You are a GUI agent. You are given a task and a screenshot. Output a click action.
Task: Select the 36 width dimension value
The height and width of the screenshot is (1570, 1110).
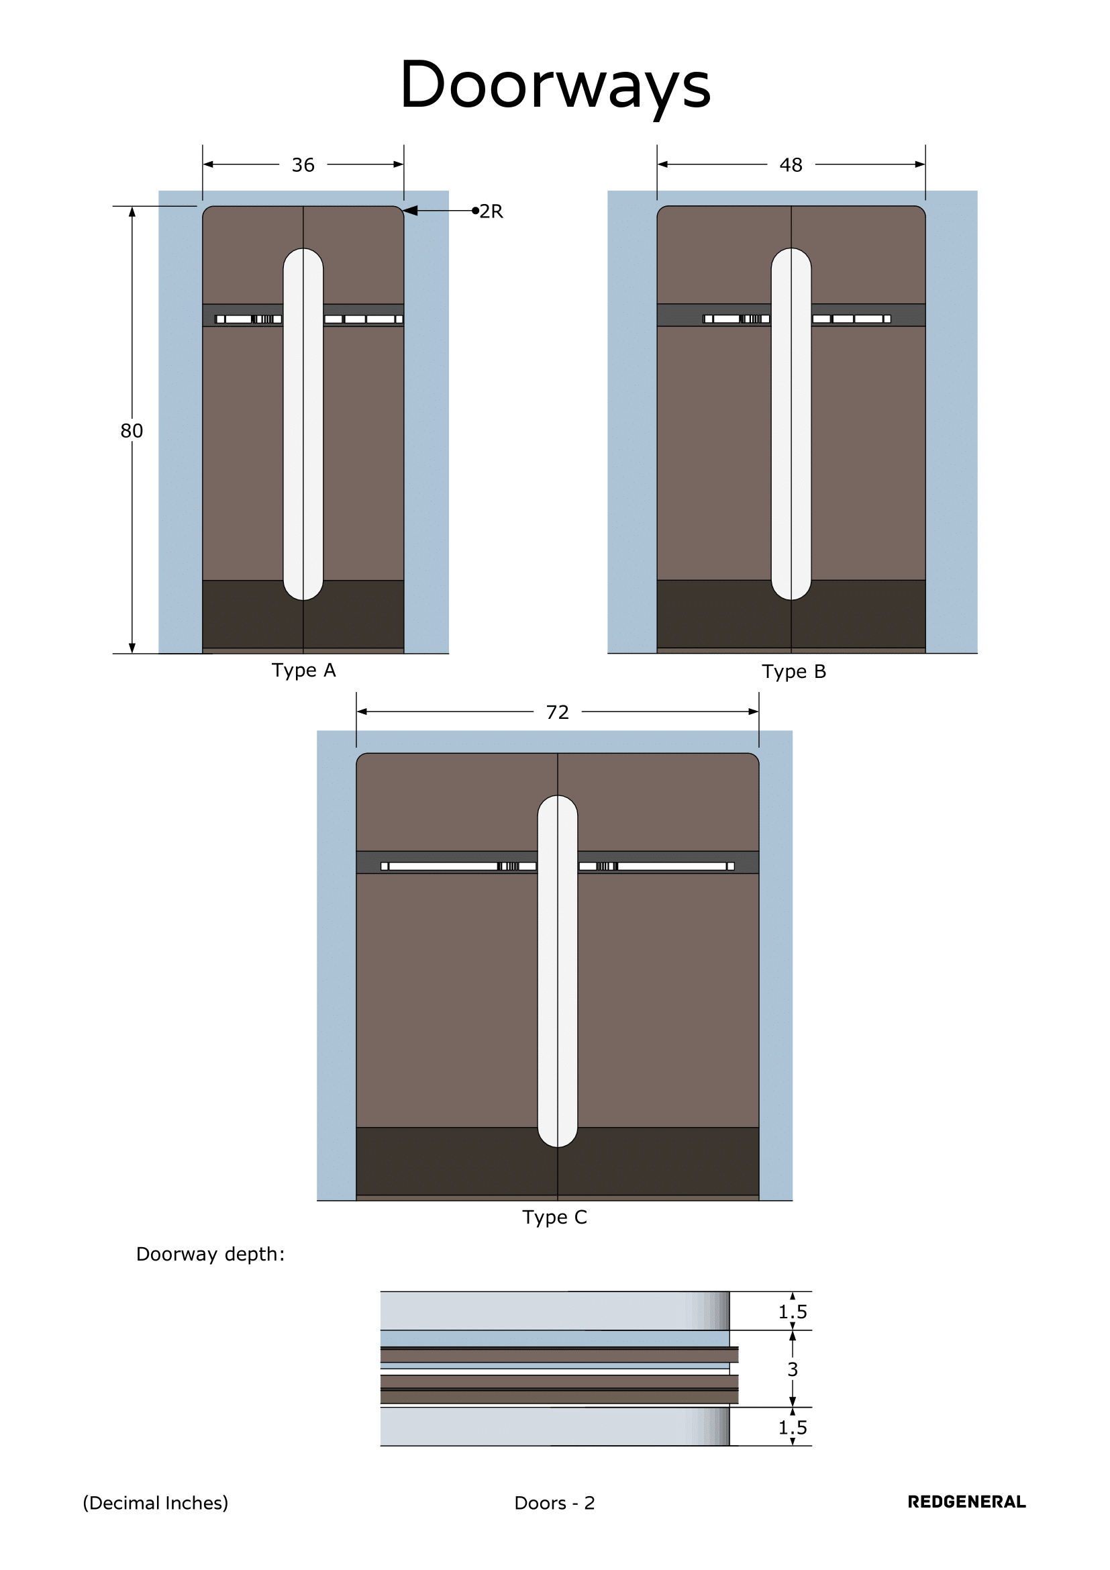click(x=303, y=165)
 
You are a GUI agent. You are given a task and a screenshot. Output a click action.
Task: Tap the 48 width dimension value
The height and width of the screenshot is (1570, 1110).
click(x=791, y=165)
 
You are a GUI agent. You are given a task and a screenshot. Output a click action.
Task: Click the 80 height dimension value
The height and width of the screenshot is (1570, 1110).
click(x=132, y=430)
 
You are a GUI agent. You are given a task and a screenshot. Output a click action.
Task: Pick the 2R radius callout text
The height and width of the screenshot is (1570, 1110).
click(x=491, y=211)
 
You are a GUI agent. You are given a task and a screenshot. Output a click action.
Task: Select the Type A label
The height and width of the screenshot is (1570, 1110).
click(x=303, y=670)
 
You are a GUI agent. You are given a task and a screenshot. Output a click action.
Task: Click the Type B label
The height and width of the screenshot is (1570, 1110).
click(x=793, y=671)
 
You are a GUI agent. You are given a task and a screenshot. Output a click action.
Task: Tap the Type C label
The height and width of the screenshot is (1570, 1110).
click(x=554, y=1217)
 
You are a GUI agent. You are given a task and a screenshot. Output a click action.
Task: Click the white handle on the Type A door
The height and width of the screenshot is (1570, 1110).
click(x=303, y=424)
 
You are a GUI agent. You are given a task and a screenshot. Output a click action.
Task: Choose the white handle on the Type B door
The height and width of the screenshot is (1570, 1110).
click(x=791, y=424)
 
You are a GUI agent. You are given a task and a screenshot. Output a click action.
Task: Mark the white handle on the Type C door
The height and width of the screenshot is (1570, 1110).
click(x=557, y=971)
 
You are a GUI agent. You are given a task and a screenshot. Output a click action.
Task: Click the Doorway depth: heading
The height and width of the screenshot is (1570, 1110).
click(x=210, y=1254)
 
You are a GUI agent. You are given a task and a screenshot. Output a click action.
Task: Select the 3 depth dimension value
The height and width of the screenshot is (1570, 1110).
click(x=792, y=1369)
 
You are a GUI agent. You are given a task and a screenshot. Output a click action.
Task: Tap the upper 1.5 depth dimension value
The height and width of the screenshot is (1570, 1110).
click(x=792, y=1312)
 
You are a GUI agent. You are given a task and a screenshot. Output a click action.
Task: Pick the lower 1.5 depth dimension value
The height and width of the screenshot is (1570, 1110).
click(x=792, y=1428)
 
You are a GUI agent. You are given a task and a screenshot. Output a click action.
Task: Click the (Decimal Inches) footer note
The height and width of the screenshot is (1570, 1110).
click(x=155, y=1503)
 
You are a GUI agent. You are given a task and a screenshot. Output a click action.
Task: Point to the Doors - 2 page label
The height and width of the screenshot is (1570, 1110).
click(x=554, y=1503)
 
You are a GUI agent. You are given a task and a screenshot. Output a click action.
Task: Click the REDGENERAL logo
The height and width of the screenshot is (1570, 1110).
click(x=966, y=1502)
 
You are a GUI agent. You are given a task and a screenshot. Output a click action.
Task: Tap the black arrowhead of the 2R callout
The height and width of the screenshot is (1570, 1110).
click(x=410, y=211)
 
